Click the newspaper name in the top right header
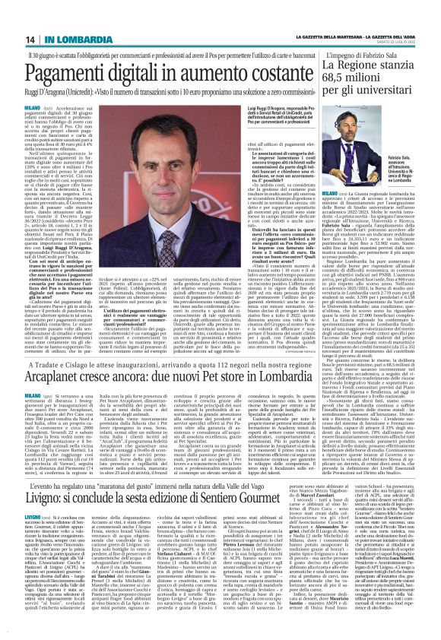point(366,39)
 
